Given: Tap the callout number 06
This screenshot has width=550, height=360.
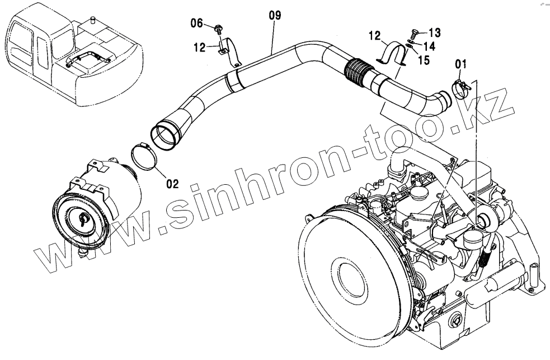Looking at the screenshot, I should [197, 23].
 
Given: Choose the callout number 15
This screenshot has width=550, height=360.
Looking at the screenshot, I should [424, 60].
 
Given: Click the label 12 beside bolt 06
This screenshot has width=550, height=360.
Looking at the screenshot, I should [200, 48].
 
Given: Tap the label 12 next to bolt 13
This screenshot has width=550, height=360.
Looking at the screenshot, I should [375, 36].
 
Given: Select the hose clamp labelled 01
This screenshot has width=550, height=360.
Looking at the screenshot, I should [460, 88].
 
